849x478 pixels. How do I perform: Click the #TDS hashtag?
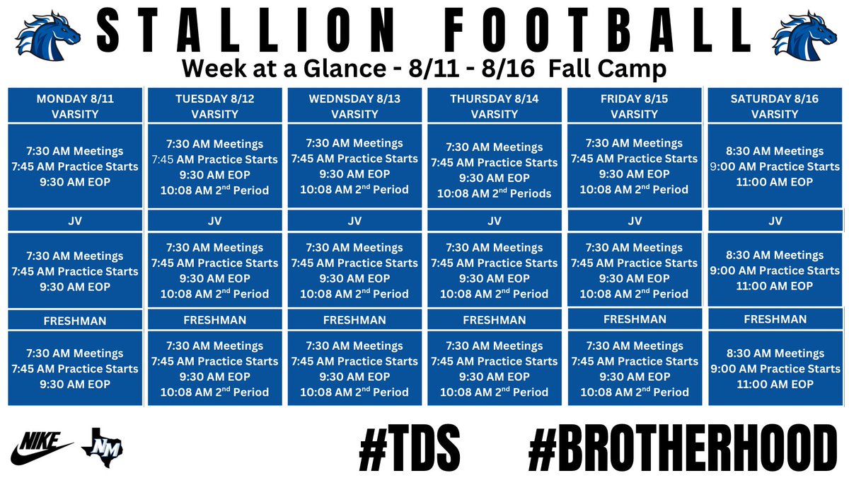410,446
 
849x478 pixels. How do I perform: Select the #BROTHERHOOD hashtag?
683,446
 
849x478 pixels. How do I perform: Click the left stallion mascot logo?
47,35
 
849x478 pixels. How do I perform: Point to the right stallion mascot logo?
803,35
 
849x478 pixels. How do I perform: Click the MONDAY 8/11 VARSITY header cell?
75,106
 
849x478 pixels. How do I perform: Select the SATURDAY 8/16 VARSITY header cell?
775,106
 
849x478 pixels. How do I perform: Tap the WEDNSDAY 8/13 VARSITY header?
354,106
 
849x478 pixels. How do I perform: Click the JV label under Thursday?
495,221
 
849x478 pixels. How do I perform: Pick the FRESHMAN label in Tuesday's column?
215,320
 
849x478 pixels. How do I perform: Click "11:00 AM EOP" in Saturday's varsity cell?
775,182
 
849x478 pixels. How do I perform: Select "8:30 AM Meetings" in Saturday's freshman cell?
775,353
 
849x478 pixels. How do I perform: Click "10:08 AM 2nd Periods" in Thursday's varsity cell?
495,193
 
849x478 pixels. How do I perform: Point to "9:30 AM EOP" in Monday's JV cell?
75,287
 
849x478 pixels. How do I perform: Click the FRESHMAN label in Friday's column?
635,319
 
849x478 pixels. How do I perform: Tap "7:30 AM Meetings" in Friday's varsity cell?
635,143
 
